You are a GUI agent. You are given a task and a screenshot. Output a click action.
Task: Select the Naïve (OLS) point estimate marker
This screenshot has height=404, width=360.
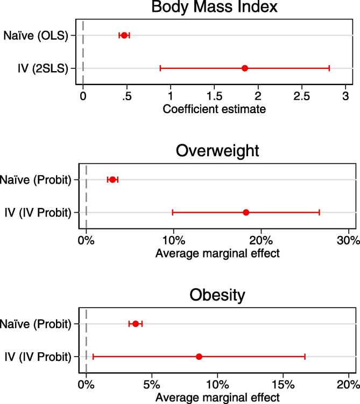point(124,36)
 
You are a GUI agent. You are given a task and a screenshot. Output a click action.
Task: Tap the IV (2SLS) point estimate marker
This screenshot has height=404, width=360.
point(245,68)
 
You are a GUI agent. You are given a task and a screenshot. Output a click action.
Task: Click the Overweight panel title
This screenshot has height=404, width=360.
point(217,151)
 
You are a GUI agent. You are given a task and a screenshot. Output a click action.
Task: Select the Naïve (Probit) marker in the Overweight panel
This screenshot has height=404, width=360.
point(112,179)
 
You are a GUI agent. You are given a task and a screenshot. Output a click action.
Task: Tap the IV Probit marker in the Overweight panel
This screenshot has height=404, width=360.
point(246,212)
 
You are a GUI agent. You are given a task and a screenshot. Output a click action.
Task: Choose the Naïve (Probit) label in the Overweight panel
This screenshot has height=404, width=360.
point(37,180)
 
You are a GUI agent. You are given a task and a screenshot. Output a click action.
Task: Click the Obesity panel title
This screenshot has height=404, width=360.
point(217,295)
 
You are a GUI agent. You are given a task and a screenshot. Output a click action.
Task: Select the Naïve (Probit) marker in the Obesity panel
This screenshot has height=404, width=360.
point(136,324)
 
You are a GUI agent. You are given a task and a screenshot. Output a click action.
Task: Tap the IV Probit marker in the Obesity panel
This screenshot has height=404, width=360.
point(199,357)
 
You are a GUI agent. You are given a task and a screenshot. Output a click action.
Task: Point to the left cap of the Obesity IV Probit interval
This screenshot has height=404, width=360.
point(93,357)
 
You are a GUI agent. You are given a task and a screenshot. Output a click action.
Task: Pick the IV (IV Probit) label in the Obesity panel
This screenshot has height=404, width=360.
point(37,357)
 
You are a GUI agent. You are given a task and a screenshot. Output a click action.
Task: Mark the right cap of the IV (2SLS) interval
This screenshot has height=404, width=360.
point(329,68)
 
